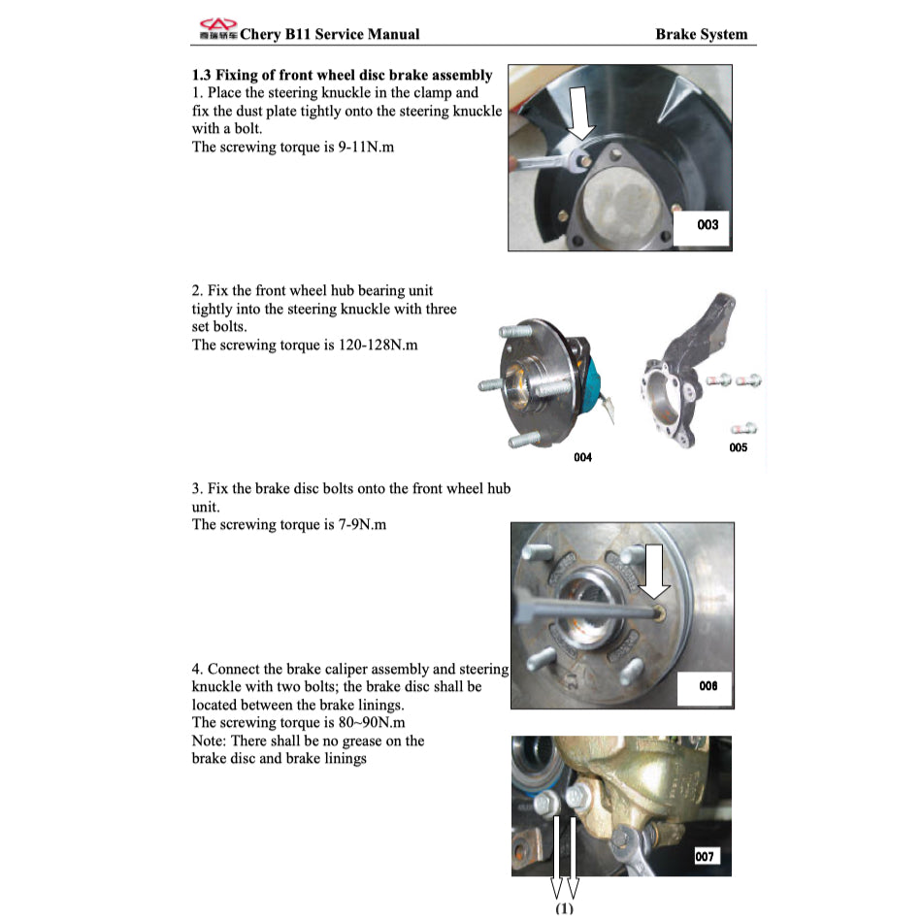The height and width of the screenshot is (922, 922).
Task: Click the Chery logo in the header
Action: click(x=217, y=29)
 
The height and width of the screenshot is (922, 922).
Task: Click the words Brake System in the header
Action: click(x=701, y=34)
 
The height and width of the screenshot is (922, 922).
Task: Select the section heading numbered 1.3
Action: click(x=342, y=75)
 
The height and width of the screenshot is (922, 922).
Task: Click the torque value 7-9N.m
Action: click(x=353, y=524)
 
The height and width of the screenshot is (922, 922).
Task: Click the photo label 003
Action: click(x=708, y=225)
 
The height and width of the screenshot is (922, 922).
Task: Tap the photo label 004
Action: click(x=582, y=457)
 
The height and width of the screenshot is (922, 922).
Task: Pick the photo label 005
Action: click(x=738, y=447)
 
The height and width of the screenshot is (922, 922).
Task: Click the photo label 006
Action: click(x=708, y=686)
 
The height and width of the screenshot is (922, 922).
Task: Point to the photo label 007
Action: click(x=706, y=856)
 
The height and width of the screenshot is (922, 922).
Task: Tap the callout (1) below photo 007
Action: click(x=564, y=909)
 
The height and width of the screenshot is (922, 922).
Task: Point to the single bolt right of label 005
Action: click(x=745, y=428)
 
